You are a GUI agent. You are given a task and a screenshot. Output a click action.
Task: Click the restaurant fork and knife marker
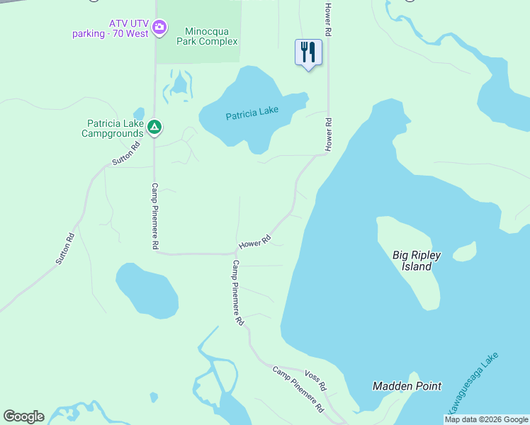pos(308,52)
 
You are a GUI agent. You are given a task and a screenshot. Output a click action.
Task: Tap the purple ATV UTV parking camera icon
pos(160,28)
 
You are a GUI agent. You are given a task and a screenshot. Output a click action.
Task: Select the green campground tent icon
pos(155,127)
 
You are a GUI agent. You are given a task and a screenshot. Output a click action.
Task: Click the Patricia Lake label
pos(252,113)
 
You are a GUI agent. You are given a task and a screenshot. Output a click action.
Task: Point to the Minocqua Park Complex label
pos(210,36)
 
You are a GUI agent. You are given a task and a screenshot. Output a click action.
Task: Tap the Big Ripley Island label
pos(412,261)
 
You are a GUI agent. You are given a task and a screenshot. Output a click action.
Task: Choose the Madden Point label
pos(407,386)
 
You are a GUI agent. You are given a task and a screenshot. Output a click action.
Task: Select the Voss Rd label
pos(315,380)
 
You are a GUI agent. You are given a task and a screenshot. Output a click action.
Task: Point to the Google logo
pos(23,416)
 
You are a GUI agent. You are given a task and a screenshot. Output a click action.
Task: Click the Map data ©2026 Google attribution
pos(486,419)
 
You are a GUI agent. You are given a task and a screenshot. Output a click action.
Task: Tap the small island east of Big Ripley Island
pos(464,251)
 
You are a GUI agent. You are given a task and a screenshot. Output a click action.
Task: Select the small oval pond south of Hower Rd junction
pos(147,290)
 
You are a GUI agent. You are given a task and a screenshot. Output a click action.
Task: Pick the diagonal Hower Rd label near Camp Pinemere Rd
pos(255,242)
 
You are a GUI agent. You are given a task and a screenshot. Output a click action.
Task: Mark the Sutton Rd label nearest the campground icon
pos(126,154)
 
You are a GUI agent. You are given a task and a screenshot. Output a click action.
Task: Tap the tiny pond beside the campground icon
pos(139,113)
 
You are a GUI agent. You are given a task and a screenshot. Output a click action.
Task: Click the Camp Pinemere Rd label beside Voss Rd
pos(299,390)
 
